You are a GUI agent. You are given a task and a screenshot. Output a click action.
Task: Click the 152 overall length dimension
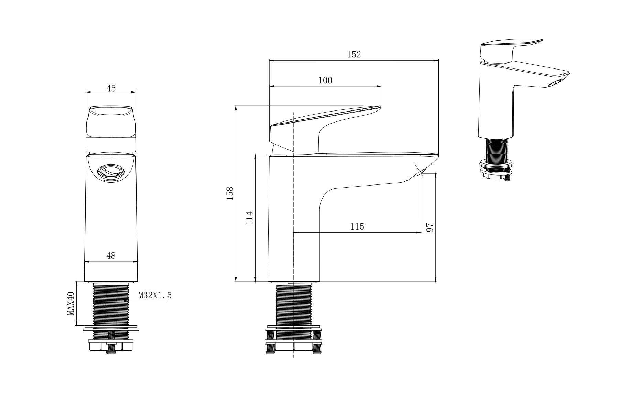tap(354, 54)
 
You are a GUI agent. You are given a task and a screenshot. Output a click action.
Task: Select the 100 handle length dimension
tap(325, 80)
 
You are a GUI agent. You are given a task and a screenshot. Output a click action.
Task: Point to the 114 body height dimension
tap(250, 218)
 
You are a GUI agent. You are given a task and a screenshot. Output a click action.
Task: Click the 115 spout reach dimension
tap(357, 226)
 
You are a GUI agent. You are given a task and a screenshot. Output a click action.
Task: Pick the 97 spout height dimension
tap(430, 227)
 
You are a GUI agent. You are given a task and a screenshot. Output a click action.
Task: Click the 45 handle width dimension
tap(111, 88)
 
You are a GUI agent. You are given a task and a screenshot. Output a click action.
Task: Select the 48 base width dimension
tap(111, 255)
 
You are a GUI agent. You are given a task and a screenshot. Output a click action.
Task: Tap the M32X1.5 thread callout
tap(155, 295)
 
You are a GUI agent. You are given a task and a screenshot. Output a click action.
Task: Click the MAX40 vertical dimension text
tap(71, 303)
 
